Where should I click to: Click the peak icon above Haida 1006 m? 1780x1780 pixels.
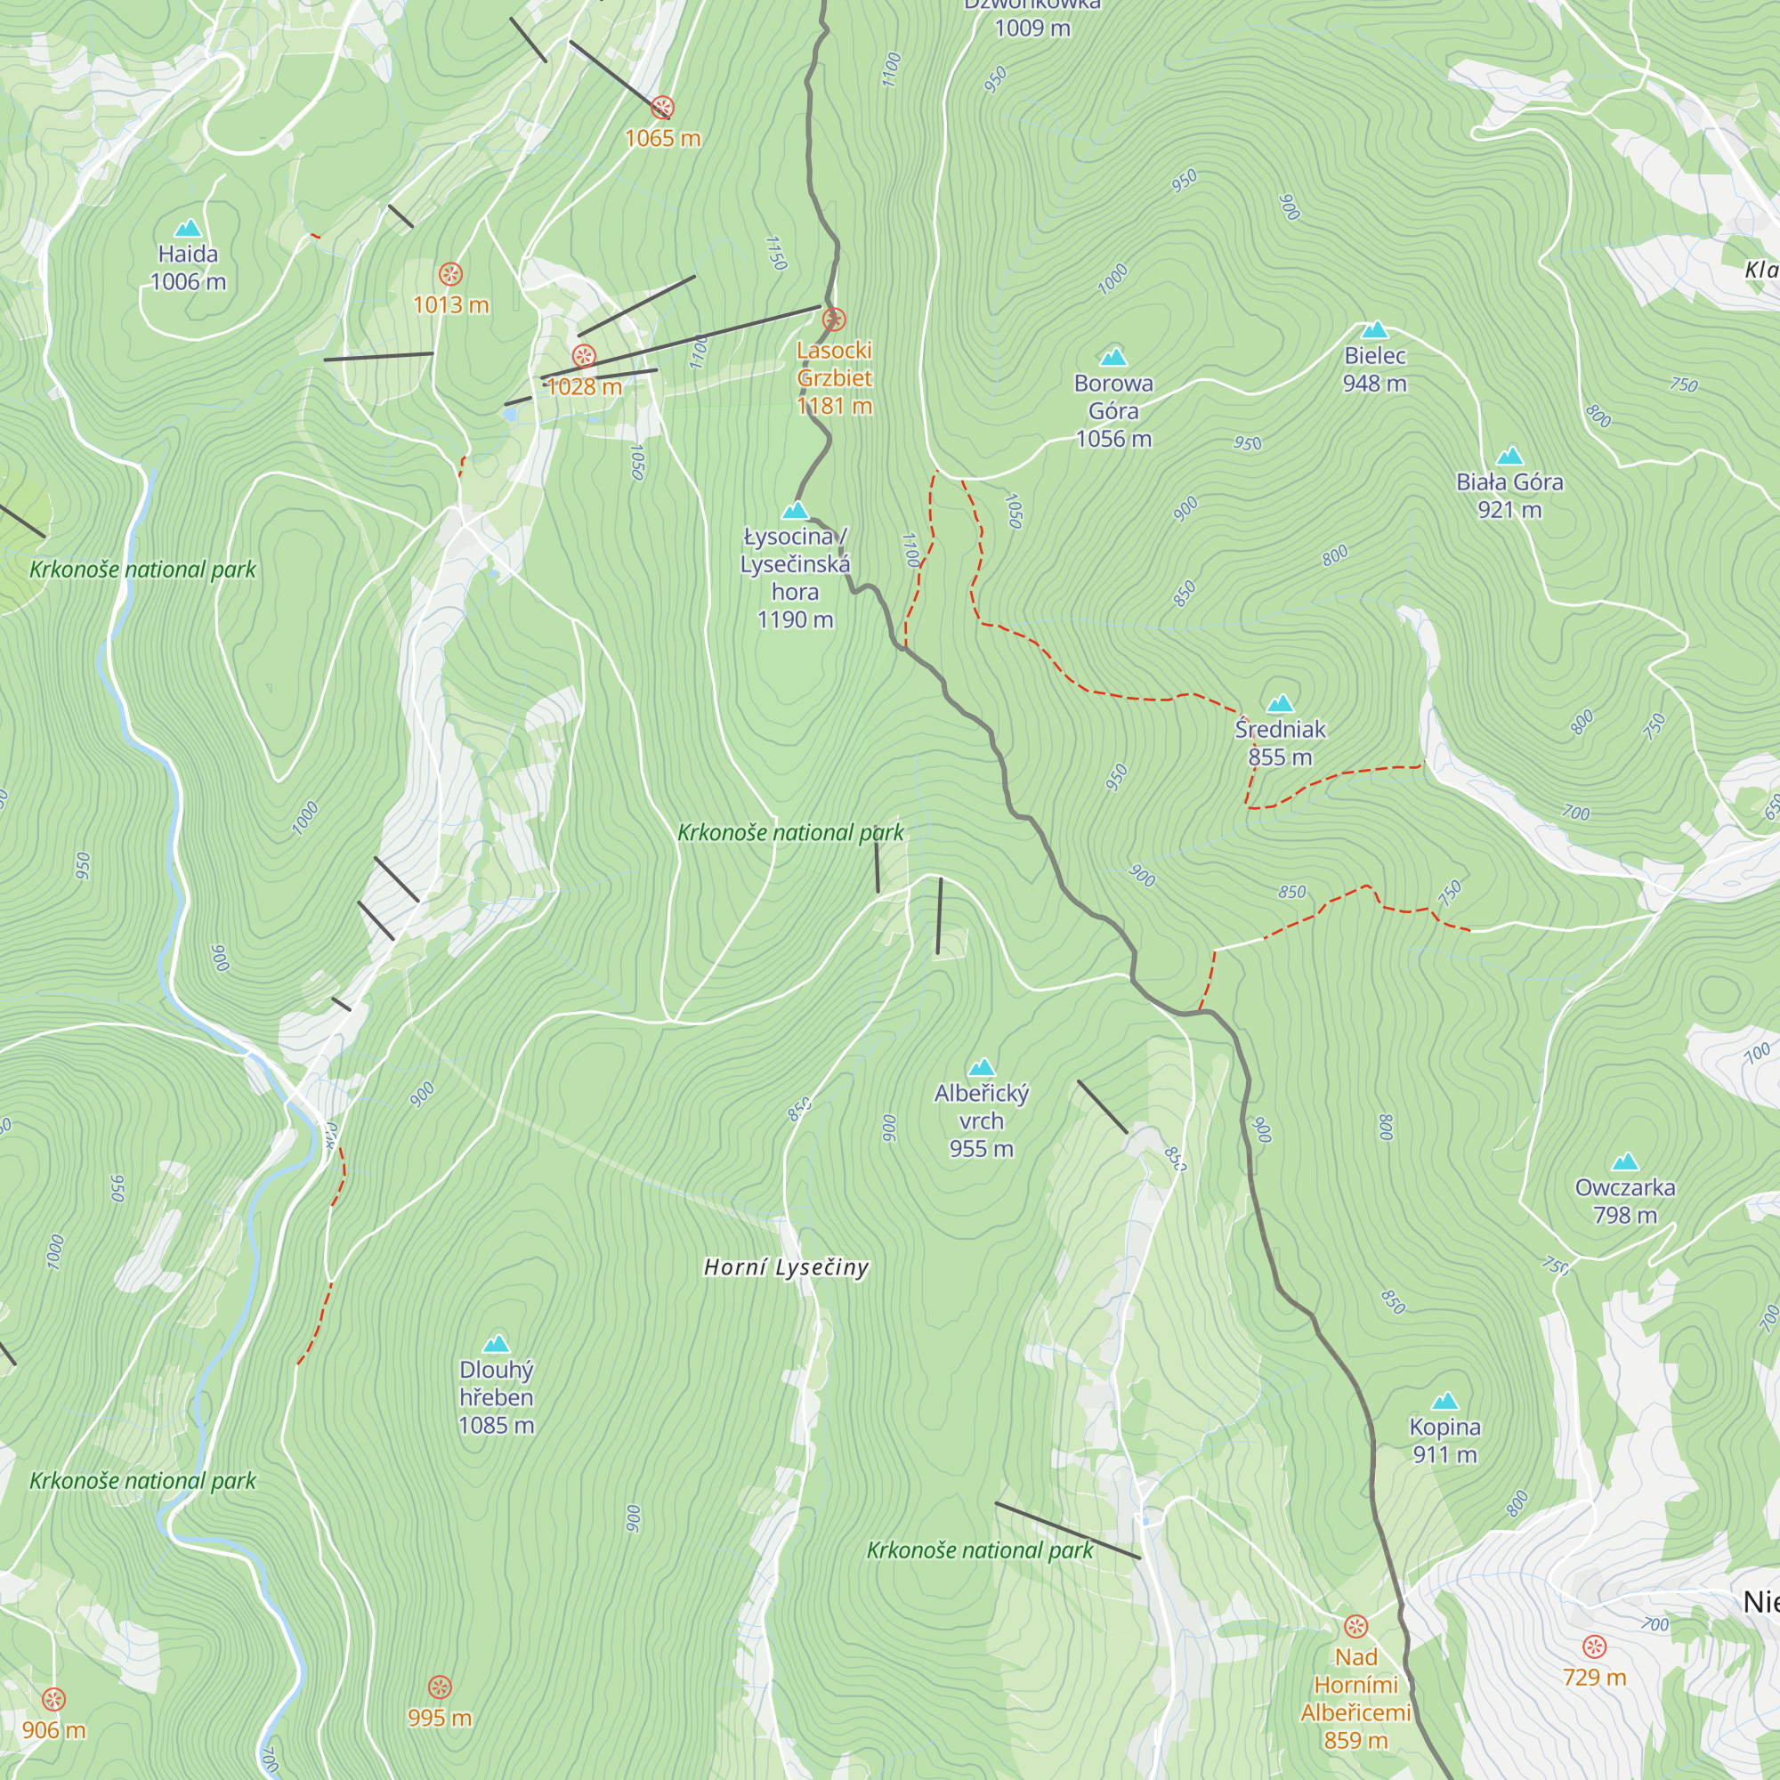tap(188, 228)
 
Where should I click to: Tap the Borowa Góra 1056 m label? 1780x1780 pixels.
tap(1113, 411)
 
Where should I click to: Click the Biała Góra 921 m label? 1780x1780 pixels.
tap(1509, 496)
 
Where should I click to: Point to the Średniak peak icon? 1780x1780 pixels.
tap(1280, 705)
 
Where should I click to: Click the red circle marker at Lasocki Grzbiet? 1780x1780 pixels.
tap(834, 320)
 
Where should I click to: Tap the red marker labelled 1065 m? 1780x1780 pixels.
tap(661, 108)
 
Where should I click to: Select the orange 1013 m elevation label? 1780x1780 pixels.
tap(450, 305)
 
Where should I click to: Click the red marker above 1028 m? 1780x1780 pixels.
tap(584, 357)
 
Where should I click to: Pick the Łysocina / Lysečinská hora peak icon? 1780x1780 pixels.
tap(795, 510)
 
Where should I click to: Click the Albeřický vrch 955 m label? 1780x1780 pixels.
tap(981, 1121)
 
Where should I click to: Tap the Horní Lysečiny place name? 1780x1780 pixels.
tap(786, 1267)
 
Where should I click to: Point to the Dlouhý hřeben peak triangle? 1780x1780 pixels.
tap(497, 1343)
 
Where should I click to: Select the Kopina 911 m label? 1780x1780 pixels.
tap(1444, 1440)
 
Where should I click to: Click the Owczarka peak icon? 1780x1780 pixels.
tap(1625, 1161)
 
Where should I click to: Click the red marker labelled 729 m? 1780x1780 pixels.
tap(1594, 1646)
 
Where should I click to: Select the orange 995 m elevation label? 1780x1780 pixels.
tap(440, 1719)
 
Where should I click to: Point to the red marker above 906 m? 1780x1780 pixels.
tap(54, 1699)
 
